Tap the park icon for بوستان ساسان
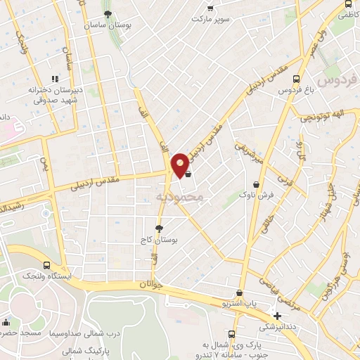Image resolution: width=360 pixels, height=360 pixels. (108, 13)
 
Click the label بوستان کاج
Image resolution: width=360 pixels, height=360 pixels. (158, 241)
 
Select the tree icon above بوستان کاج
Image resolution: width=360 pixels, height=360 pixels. (159, 228)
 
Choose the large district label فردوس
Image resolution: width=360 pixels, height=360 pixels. (337, 79)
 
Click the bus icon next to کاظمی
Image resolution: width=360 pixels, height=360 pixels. (349, 4)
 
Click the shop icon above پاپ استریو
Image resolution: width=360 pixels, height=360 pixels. (240, 293)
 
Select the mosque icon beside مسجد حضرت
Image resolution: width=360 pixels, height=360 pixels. (6, 323)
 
